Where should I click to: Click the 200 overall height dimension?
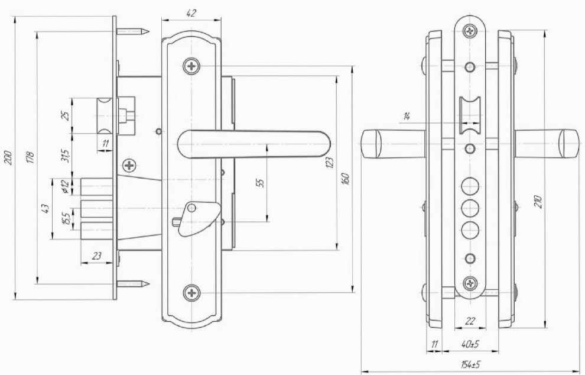point(8,158)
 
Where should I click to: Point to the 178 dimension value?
point(31,157)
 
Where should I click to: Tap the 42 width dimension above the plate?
point(191,13)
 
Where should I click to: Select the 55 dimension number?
point(261,183)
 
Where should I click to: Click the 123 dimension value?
point(329,163)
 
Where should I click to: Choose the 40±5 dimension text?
point(470,344)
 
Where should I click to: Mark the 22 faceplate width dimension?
point(470,321)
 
